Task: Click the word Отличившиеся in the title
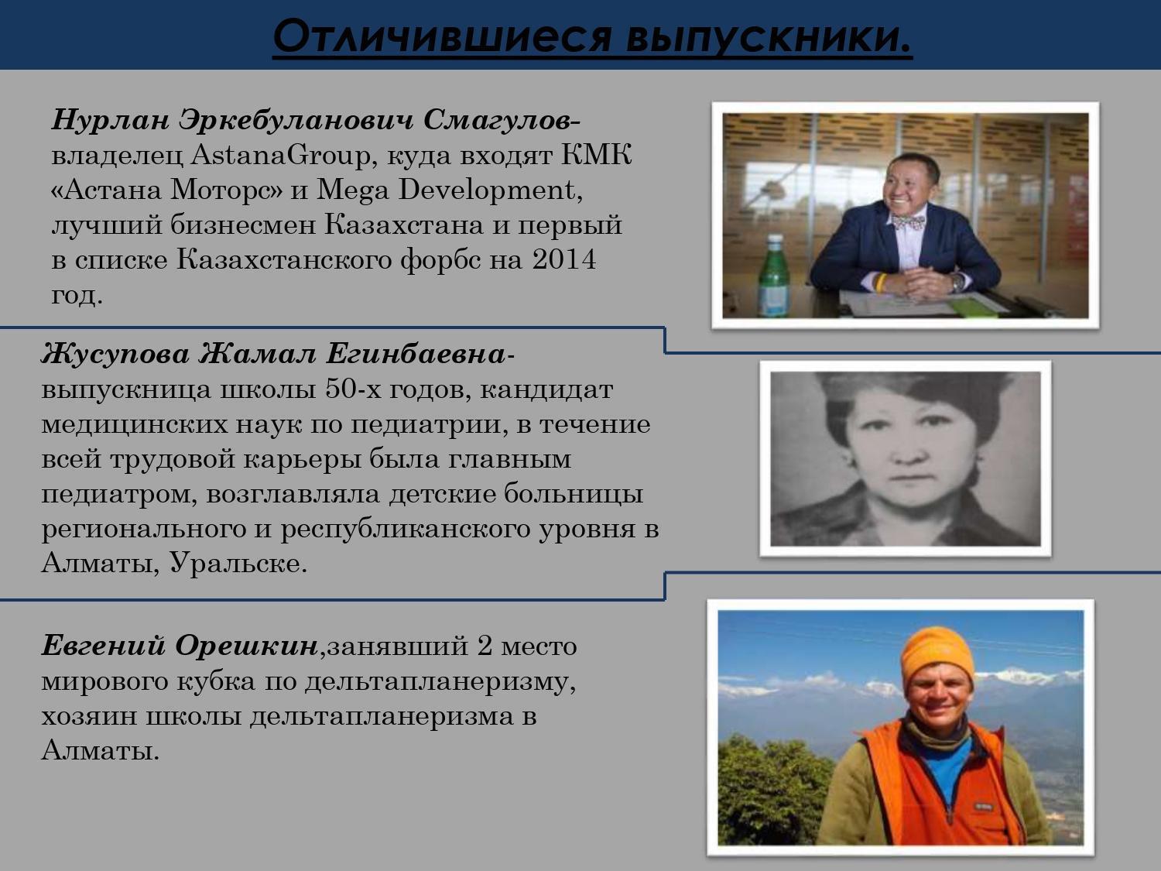(x=442, y=36)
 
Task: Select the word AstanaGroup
(x=280, y=156)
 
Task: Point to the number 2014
(x=563, y=259)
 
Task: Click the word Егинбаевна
(x=416, y=354)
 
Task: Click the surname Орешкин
(x=246, y=646)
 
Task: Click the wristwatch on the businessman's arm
(x=957, y=283)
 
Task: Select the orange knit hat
(x=937, y=657)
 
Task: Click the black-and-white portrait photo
(x=905, y=458)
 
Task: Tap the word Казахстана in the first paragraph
(x=404, y=225)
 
